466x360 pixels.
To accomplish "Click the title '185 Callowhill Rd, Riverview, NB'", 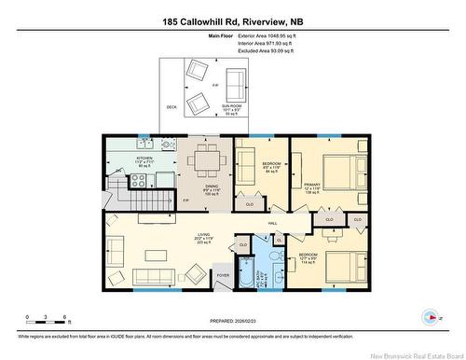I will coord(232,21).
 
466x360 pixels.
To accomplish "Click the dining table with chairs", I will coord(208,161).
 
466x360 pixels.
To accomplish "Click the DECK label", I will coord(171,107).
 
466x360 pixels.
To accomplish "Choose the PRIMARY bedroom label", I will coord(311,185).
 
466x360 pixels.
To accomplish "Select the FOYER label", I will coord(223,275).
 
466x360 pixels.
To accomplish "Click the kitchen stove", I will coord(170,145).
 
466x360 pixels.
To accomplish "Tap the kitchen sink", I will coord(144,145).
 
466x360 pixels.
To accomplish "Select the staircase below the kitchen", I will coord(139,200).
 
